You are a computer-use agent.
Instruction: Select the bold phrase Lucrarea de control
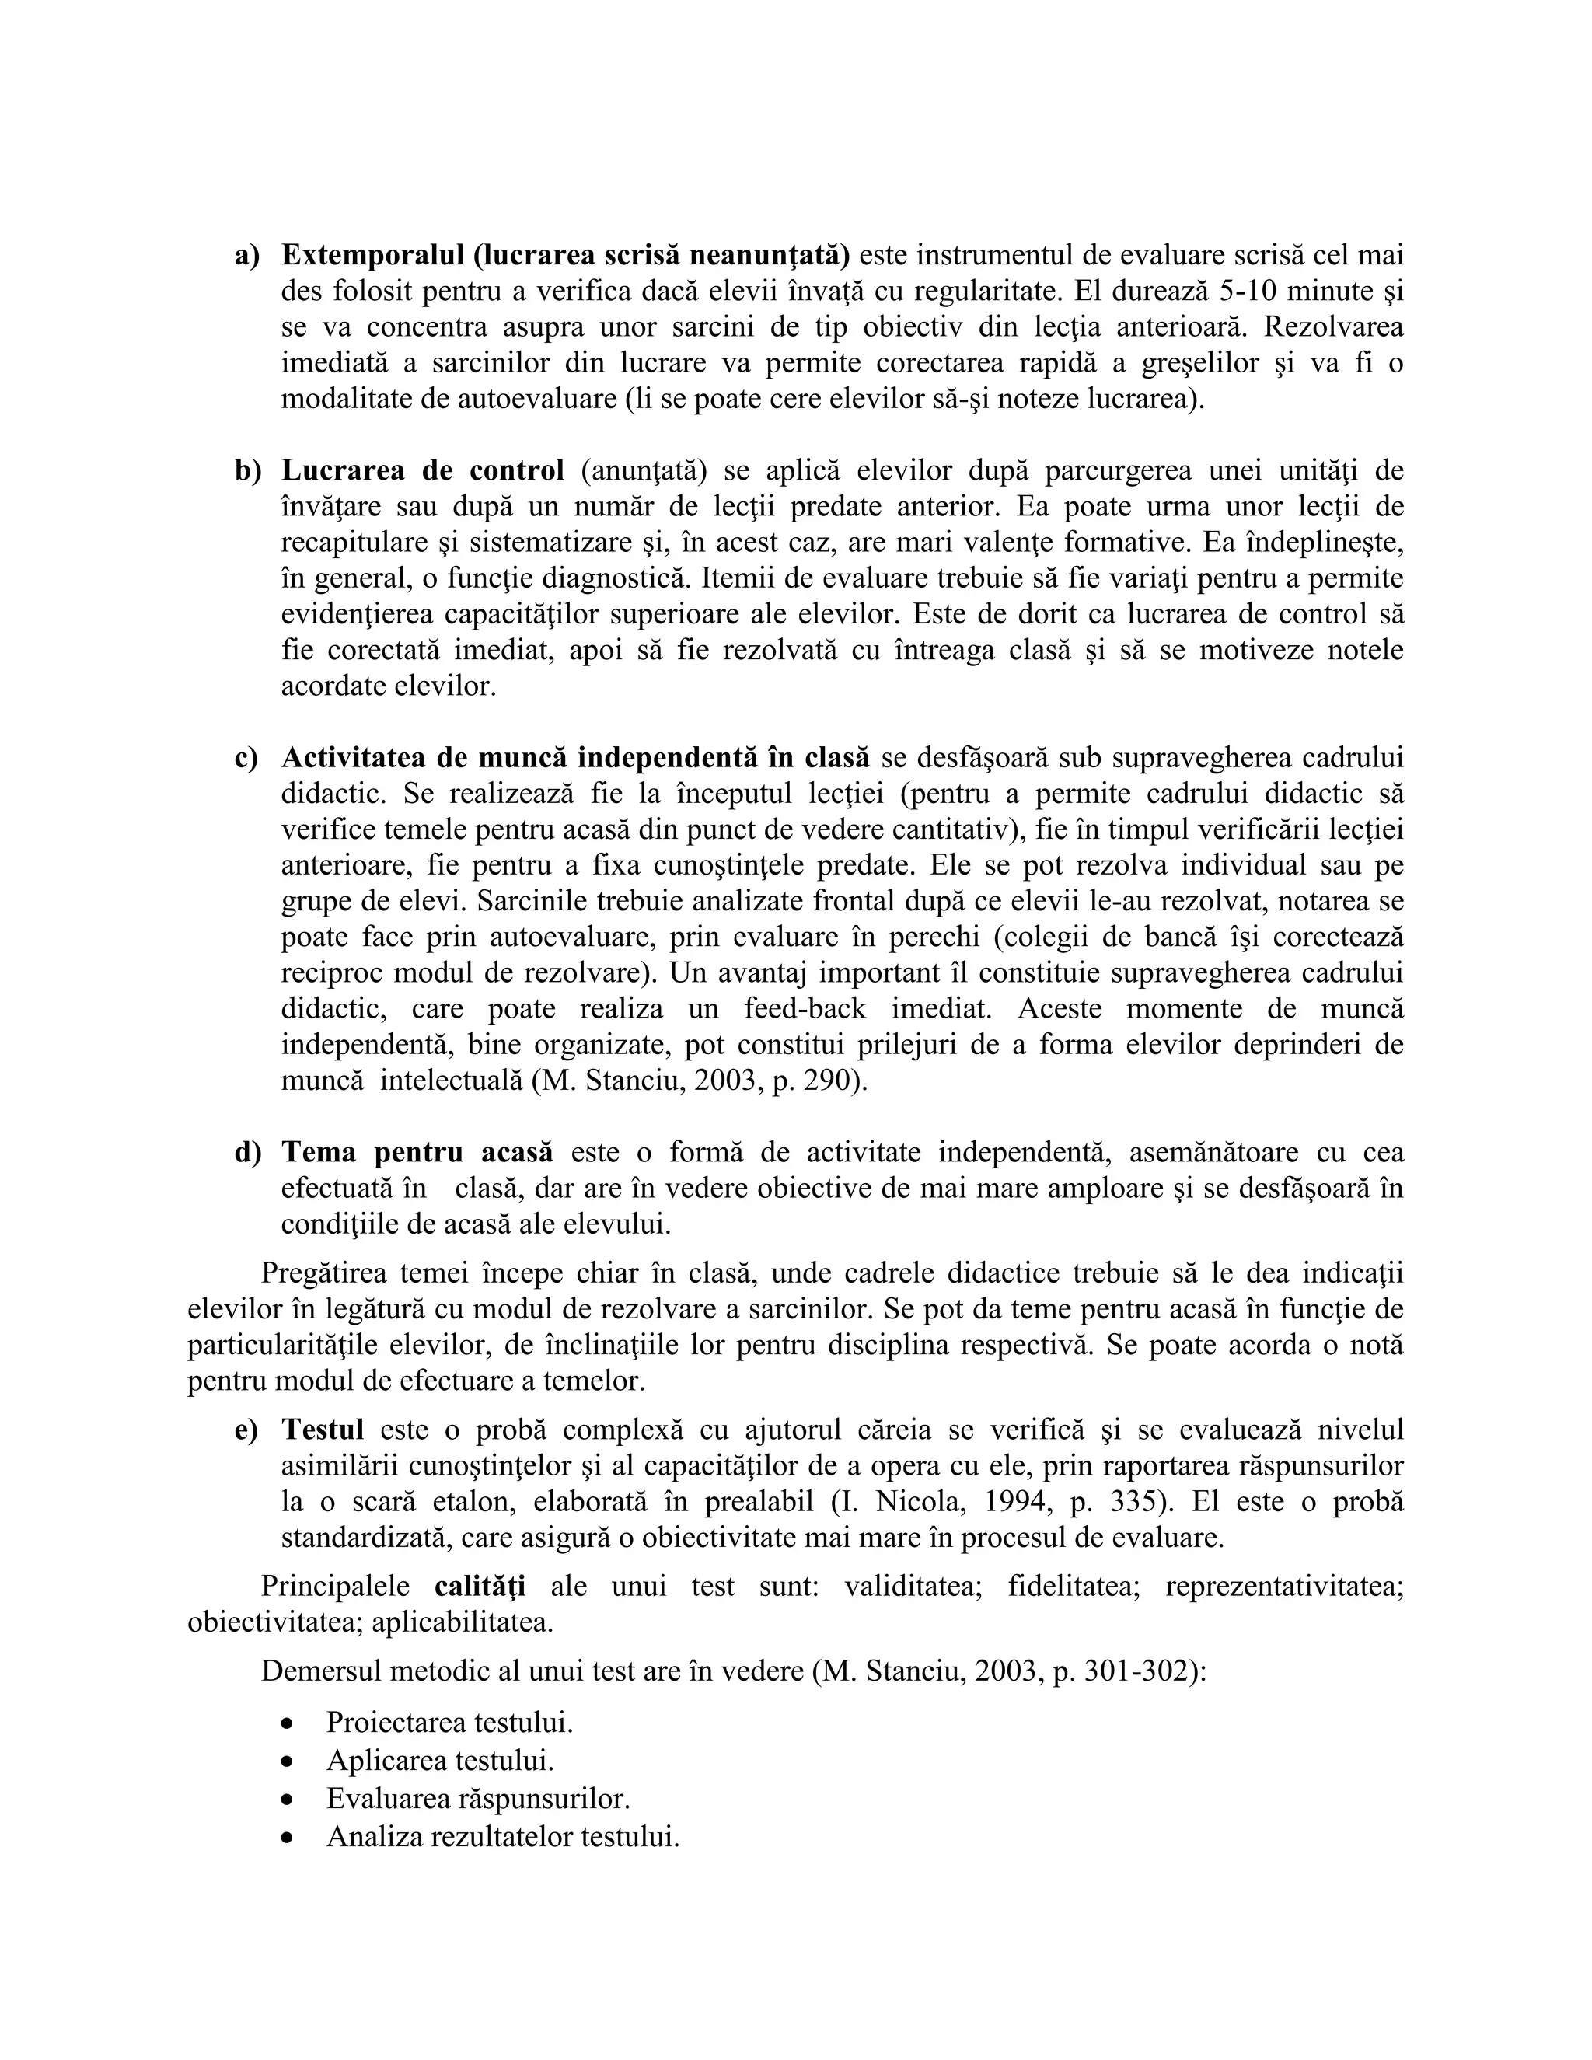pyautogui.click(x=423, y=470)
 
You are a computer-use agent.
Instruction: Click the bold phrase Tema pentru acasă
pyautogui.click(x=417, y=1153)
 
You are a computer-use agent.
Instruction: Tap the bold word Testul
pyautogui.click(x=323, y=1430)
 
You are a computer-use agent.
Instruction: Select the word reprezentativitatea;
pyautogui.click(x=1284, y=1586)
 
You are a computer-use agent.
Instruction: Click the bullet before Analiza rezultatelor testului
pyautogui.click(x=287, y=1838)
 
